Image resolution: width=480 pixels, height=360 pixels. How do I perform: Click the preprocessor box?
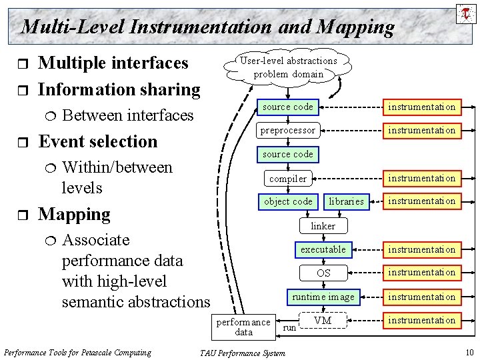pos(288,130)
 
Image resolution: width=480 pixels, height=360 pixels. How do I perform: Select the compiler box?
pos(288,178)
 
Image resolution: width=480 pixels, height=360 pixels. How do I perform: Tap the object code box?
pos(288,201)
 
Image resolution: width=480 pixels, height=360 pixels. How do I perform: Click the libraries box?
pos(346,201)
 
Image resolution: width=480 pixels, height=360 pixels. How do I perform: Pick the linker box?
pos(323,226)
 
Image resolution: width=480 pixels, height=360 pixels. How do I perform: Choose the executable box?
pos(323,249)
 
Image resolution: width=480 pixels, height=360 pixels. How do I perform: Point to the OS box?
pos(323,273)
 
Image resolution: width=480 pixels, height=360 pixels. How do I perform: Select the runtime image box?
pos(323,297)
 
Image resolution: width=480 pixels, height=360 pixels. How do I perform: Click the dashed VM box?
pos(323,321)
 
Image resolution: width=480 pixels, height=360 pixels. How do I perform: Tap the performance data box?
pos(243,327)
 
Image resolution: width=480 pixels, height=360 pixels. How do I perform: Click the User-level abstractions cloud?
pos(289,67)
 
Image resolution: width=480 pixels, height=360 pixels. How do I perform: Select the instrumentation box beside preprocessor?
pos(422,130)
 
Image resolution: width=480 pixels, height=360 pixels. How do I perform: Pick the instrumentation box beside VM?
pos(422,321)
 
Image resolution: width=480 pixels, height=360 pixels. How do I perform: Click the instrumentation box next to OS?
pos(422,273)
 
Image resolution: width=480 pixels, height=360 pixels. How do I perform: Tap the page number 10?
pos(469,352)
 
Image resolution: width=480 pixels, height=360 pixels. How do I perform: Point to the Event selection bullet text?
pos(98,141)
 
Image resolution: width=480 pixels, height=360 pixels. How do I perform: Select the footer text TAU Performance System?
pos(242,353)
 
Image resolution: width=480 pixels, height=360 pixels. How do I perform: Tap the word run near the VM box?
pos(289,328)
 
